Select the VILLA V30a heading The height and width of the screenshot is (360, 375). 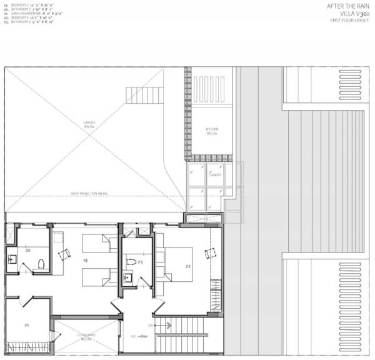pyautogui.click(x=353, y=14)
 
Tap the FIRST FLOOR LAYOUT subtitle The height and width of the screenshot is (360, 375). pyautogui.click(x=349, y=21)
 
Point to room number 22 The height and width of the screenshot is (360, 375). pyautogui.click(x=187, y=266)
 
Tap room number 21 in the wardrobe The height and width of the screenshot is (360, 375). pyautogui.click(x=27, y=325)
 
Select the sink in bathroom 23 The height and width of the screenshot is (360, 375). pyautogui.click(x=127, y=276)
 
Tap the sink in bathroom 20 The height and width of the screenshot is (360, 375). pyautogui.click(x=11, y=257)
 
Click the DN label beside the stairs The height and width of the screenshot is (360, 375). pyautogui.click(x=150, y=325)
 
